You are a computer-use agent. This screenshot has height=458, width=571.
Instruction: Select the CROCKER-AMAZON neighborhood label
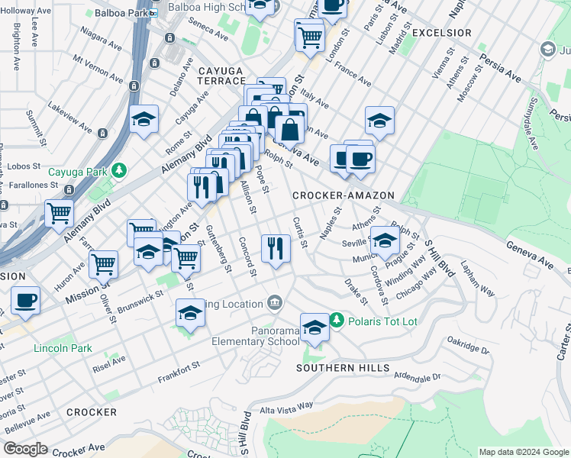[x=344, y=196]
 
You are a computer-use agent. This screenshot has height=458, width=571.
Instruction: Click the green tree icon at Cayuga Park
[x=118, y=170]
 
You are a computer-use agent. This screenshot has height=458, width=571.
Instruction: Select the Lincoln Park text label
[x=63, y=349]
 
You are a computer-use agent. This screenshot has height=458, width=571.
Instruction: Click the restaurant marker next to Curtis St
[x=276, y=247]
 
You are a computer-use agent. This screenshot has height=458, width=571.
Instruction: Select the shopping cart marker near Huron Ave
[x=103, y=264]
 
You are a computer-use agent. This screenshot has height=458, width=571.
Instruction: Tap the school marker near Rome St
[x=143, y=120]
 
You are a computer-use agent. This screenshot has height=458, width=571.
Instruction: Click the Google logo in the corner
[x=24, y=449]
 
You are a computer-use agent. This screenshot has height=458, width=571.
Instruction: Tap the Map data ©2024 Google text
[x=522, y=452]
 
